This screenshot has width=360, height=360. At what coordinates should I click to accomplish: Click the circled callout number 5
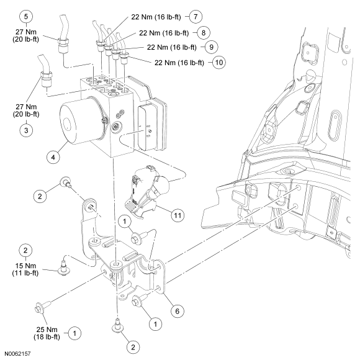point(26,17)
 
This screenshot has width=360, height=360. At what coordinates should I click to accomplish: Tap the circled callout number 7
point(196,17)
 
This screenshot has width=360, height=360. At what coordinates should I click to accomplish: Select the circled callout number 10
point(219,63)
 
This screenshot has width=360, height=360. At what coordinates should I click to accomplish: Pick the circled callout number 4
point(53,157)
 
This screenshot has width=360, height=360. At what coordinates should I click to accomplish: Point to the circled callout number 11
point(178,215)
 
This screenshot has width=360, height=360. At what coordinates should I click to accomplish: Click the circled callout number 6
point(178,311)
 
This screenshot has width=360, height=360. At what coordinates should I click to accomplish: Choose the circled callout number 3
point(26,130)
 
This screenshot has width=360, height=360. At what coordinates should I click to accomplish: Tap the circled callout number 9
point(211,47)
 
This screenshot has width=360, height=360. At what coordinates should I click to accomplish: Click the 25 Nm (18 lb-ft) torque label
point(47,333)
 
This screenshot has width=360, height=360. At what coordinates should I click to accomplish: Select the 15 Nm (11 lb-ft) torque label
point(25,269)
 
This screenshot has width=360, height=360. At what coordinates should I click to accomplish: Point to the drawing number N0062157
point(17,354)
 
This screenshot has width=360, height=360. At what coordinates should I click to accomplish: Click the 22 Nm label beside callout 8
point(164,33)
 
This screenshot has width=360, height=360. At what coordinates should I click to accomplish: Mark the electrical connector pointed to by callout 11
point(147,191)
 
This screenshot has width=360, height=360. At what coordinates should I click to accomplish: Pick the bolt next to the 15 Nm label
point(63,268)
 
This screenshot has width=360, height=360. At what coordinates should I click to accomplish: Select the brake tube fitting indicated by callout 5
point(63,45)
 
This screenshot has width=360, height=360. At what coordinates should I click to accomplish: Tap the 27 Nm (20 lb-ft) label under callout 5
point(25,35)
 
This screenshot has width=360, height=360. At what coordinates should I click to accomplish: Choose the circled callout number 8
point(204,33)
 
